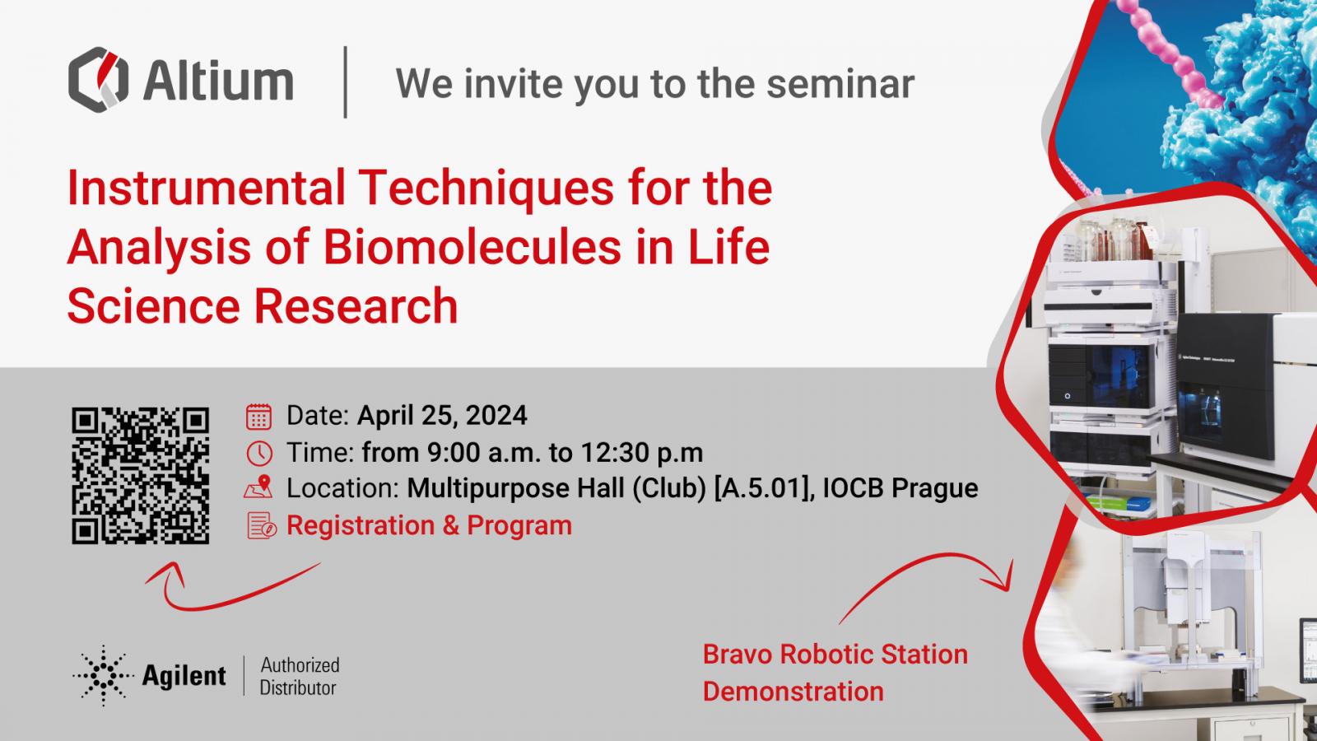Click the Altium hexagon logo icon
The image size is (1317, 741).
[98, 79]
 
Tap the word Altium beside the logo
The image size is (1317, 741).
[217, 82]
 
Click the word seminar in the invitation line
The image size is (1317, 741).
[840, 84]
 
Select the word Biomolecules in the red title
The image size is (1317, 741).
[472, 247]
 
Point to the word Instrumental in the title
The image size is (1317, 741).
[206, 188]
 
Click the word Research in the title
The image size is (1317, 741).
[356, 305]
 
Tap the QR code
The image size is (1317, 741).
[141, 475]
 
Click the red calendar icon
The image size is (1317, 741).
[258, 417]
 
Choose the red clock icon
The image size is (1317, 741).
[258, 454]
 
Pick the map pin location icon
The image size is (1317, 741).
[258, 487]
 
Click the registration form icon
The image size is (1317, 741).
[261, 525]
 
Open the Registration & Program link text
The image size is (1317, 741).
[429, 525]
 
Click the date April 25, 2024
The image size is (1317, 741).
[442, 416]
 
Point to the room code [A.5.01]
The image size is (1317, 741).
[763, 488]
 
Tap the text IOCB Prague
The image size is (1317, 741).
[900, 488]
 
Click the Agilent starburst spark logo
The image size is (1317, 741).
[103, 675]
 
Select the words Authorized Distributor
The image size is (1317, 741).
[300, 676]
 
